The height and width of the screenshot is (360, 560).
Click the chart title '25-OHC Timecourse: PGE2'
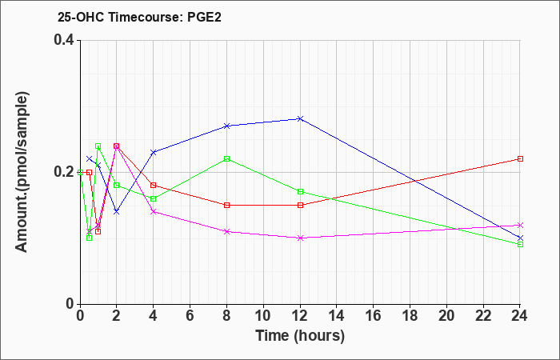coord(139,17)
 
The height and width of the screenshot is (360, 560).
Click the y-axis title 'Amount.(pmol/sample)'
coord(22,172)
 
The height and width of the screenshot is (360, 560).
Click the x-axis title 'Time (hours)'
coord(300,336)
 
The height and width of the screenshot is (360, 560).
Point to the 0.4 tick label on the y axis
coord(64,40)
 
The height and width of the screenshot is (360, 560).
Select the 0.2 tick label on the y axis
coord(64,172)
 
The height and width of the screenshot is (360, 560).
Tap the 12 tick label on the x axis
coord(300,316)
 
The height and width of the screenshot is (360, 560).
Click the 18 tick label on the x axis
coord(410,316)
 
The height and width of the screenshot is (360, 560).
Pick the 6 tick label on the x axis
coord(190,316)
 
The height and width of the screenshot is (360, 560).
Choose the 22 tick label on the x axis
coord(483,316)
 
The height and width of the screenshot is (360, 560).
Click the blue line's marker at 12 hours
coord(300,118)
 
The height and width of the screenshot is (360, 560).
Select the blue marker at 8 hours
coord(226,126)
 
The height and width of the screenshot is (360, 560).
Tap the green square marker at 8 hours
coord(226,158)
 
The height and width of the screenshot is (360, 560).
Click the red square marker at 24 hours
coord(520,158)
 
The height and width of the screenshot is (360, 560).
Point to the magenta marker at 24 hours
coord(520,225)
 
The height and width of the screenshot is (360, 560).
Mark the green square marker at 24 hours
coord(520,244)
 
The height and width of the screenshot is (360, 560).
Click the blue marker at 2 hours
coord(117,212)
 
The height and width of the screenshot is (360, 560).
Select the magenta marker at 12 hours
coord(300,238)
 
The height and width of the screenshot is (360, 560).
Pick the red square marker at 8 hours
coord(226,205)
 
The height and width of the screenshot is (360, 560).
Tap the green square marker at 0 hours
coord(80,172)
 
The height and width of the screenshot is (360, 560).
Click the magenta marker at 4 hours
coord(154,212)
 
